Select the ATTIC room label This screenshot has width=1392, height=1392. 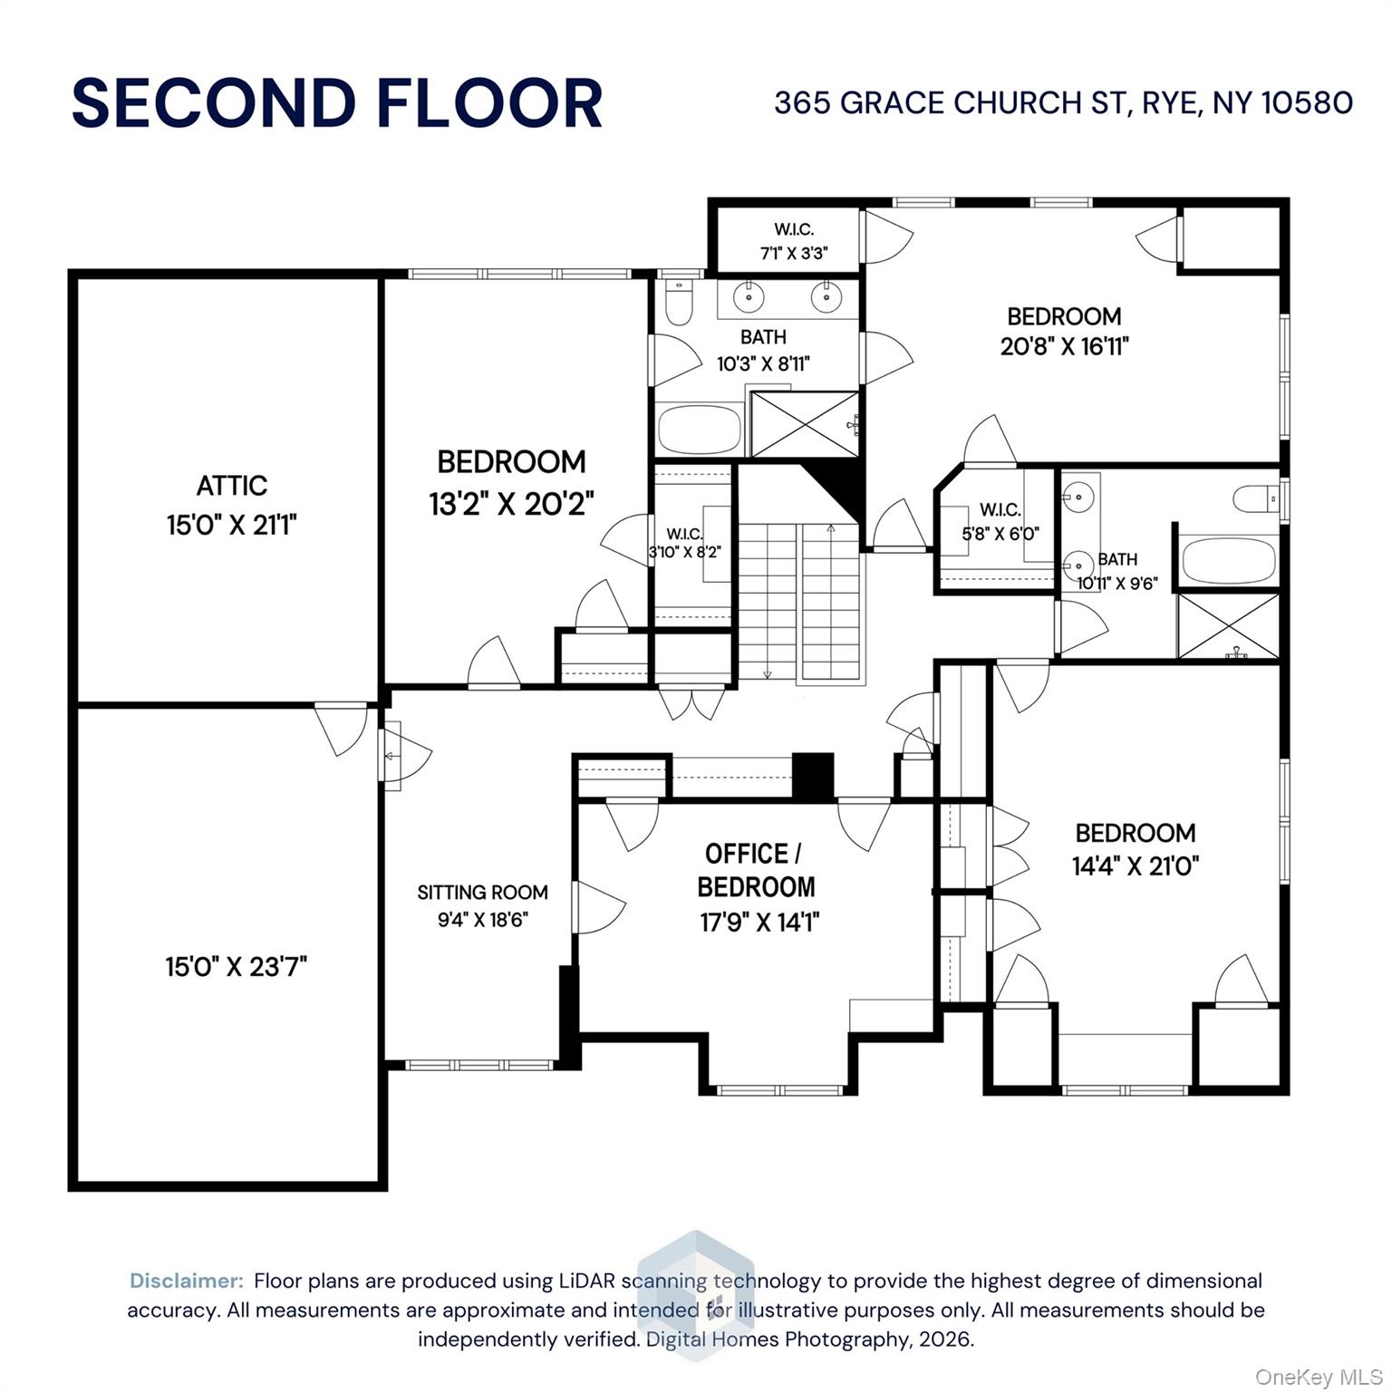(x=232, y=486)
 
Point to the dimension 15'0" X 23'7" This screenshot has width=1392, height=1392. (x=236, y=967)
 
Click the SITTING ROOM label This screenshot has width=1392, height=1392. (x=482, y=893)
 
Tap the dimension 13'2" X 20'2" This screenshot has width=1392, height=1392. (x=511, y=503)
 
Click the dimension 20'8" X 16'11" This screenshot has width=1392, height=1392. (x=1064, y=346)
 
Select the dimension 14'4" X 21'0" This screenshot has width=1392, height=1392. (x=1135, y=866)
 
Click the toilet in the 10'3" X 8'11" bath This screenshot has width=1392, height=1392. (x=678, y=302)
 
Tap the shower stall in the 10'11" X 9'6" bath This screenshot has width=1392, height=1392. (x=1228, y=626)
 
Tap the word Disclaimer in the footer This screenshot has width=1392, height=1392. (x=187, y=1281)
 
